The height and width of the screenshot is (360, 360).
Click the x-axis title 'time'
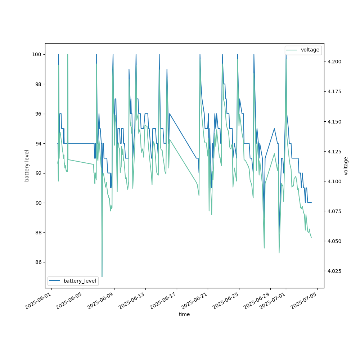pyautogui.click(x=184, y=314)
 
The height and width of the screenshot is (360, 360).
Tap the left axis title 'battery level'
pyautogui.click(x=27, y=166)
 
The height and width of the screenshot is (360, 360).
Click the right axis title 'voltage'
pyautogui.click(x=346, y=166)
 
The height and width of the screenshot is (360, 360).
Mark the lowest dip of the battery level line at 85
pyautogui.click(x=102, y=277)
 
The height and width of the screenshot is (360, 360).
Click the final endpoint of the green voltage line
pyautogui.click(x=311, y=237)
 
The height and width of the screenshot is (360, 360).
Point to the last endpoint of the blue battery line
pyautogui.click(x=311, y=203)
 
